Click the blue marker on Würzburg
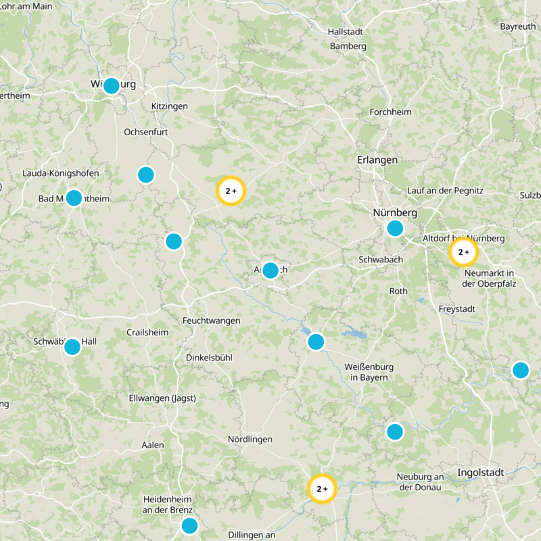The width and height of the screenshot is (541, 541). pos(111,86)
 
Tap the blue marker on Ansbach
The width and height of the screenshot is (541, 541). pos(270,270)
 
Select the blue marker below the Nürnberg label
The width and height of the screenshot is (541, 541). pos(395,228)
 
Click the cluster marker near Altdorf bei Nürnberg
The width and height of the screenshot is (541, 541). pos(463,252)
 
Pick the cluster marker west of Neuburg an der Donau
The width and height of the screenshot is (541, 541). pos(322,488)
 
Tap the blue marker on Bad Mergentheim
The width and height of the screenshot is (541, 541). pos(74,198)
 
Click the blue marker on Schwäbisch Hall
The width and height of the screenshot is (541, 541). pos(72,347)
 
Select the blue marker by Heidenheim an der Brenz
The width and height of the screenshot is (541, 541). pos(189,525)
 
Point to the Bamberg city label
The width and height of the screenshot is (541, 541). pos(348,46)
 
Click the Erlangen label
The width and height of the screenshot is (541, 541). pos(377,160)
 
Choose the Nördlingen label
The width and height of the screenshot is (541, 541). pos(250,439)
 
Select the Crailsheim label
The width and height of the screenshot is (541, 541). pos(146,332)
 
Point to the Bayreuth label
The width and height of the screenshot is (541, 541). pos(517,26)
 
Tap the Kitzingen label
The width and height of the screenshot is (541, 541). pos(169,106)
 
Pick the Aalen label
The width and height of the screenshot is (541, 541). pos(152,445)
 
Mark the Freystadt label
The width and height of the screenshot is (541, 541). pos(456,308)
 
